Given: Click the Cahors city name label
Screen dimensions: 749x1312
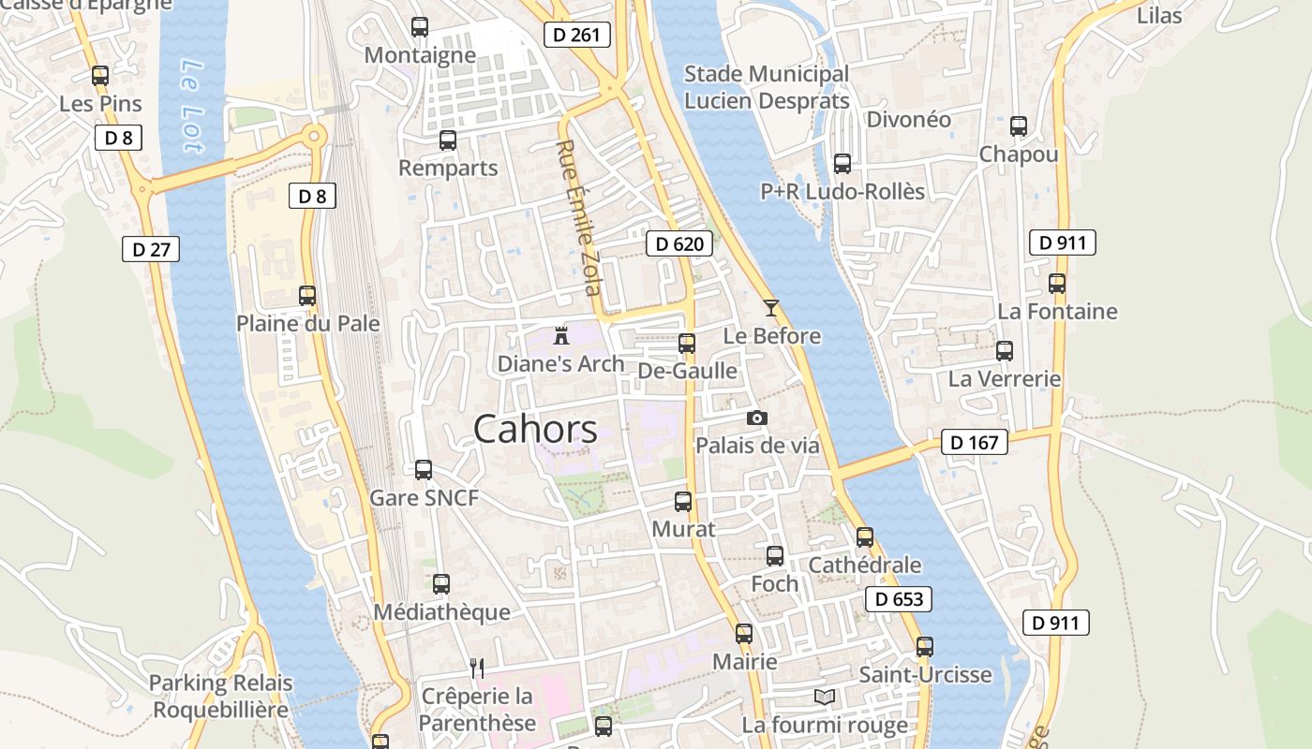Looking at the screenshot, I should coord(535,430).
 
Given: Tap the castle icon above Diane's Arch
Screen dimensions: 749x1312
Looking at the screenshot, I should coord(561,335).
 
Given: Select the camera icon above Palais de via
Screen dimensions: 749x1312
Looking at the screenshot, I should coord(756,418).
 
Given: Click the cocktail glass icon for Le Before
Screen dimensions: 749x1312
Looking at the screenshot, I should coord(771,307).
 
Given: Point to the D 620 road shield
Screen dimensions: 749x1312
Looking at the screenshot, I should coord(679,244).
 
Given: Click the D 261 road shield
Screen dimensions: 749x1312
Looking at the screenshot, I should coord(577,36).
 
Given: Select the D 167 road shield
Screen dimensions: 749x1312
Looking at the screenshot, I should coord(974,442).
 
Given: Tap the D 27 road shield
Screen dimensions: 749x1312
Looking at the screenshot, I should coord(150,249).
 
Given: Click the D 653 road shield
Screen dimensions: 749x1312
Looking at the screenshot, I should coord(898,599).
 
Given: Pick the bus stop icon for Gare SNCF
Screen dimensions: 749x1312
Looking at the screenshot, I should coord(424,469).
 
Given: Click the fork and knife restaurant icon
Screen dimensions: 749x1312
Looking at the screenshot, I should coord(477,668).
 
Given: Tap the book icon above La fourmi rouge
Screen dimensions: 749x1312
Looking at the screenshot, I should coord(825,698).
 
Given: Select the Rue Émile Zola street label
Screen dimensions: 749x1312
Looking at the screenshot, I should coord(578,217).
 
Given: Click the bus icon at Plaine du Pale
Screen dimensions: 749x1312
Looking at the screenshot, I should coord(306,295).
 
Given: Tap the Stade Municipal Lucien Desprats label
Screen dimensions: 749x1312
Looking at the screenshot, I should coord(767,87).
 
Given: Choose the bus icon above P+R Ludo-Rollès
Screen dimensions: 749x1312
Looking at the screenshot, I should coord(842,163).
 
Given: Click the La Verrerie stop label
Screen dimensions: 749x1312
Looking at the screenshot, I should coord(1005,379).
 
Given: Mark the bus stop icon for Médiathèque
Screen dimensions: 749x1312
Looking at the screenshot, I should coord(441,583).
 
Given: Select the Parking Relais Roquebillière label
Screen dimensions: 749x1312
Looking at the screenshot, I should coord(221,697).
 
